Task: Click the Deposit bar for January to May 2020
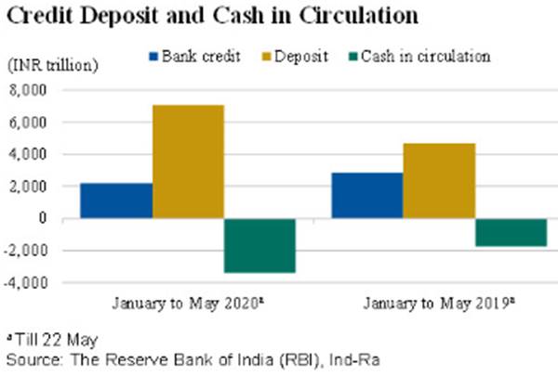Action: coord(189,162)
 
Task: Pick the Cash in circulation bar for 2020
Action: coord(260,245)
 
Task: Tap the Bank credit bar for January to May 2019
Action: coord(367,196)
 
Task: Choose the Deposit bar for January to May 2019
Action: coord(439,181)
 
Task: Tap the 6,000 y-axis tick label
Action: coord(41,123)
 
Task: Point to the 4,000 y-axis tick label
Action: coord(41,155)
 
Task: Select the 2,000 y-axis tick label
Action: coord(41,187)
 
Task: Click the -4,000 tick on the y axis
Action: coord(38,282)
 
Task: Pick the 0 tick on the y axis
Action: coord(54,219)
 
